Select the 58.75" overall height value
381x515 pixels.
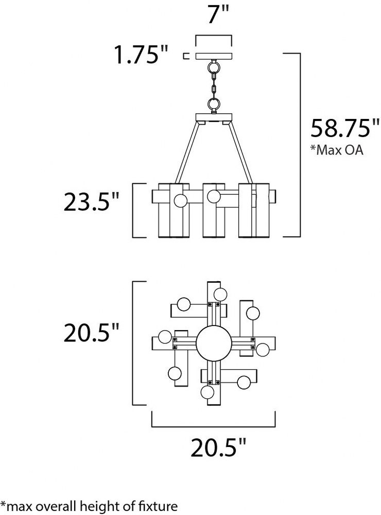coord(345,128)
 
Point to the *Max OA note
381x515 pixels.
coord(337,150)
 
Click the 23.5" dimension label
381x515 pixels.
coord(91,201)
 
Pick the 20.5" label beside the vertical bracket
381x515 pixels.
coord(91,333)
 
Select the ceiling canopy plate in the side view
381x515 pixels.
coord(214,56)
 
